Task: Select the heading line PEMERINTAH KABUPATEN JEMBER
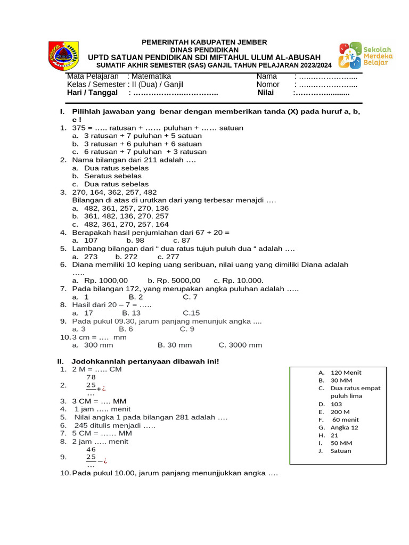click(x=204, y=42)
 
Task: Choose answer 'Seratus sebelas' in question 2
click(x=112, y=176)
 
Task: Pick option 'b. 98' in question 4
click(x=135, y=240)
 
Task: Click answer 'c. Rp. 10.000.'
click(x=239, y=280)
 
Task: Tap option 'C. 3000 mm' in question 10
click(x=240, y=345)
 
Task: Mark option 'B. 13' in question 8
click(x=132, y=313)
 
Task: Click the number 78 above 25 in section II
click(x=91, y=377)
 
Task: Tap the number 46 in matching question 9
click(x=91, y=449)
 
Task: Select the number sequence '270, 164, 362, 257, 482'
click(x=114, y=192)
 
